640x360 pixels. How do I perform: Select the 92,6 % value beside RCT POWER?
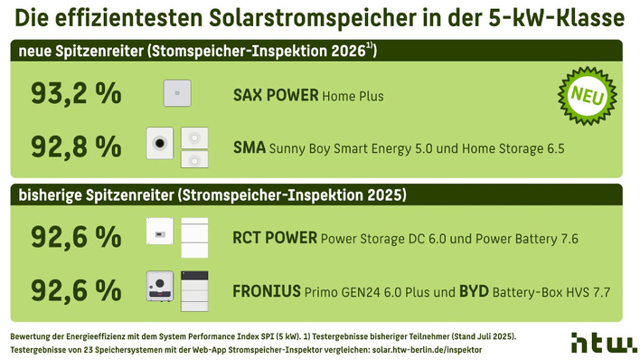click(76, 238)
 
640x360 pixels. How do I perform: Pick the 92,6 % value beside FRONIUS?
click(76, 290)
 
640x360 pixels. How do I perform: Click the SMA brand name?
click(249, 146)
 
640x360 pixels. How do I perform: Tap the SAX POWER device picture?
click(176, 94)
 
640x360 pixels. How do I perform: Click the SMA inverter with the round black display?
click(160, 145)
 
